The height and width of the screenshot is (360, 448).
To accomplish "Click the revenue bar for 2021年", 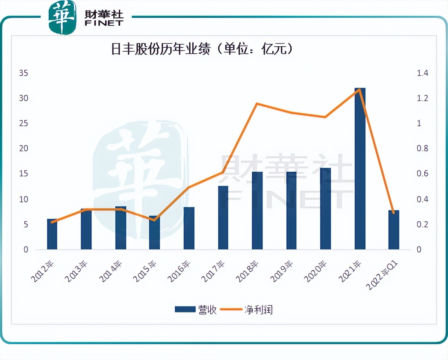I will pos(360,169).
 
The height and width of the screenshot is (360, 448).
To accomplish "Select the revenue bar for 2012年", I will pos(52,234).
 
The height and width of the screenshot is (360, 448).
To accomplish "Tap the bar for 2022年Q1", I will pos(393,230).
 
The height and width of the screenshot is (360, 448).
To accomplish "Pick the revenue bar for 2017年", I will pos(223,218).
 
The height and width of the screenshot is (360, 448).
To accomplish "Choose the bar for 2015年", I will pos(154,233).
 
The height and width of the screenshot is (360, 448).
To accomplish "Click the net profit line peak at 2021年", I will pos(359,89).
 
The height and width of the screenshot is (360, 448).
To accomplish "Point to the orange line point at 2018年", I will pos(257,104).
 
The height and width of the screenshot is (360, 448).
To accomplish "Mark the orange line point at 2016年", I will pos(189,187).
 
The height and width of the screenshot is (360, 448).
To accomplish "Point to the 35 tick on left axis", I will pos(24,73).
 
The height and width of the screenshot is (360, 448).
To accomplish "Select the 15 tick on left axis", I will pos(24,174).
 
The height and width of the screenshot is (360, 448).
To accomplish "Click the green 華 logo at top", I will pos(62,18).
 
